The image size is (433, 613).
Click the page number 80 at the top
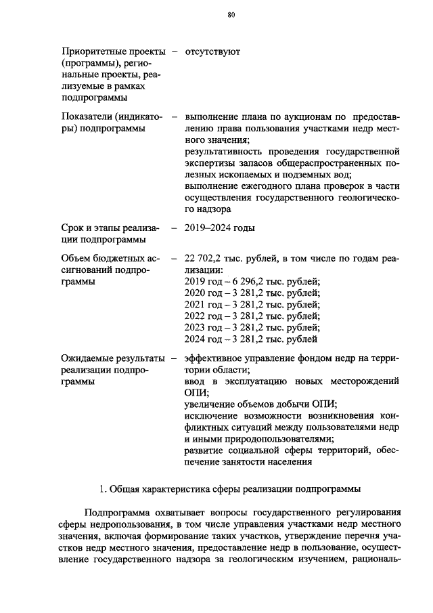point(231,16)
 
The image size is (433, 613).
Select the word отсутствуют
point(212,51)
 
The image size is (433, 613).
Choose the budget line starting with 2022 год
point(252,316)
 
